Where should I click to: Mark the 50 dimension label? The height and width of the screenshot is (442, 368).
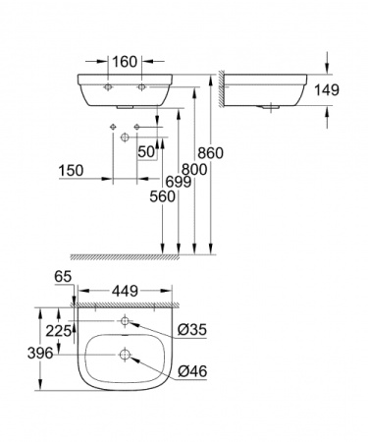[x=146, y=151]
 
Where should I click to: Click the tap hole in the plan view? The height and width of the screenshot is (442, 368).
[x=125, y=322]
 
